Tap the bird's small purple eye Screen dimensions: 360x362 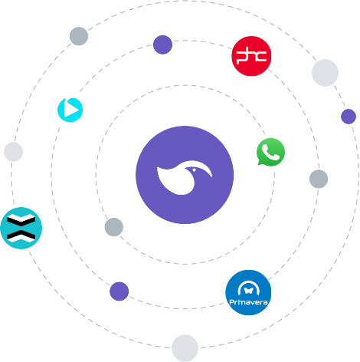click(194, 170)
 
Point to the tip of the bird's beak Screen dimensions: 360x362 click(212, 176)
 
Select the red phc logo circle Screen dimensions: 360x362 click(251, 56)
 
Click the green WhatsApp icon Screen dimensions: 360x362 click(270, 152)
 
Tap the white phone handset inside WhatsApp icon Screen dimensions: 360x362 click(270, 152)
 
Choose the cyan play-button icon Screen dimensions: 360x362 click(70, 110)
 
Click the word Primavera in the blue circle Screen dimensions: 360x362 click(248, 302)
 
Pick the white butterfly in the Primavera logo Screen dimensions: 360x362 click(248, 291)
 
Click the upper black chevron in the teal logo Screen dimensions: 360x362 click(21, 220)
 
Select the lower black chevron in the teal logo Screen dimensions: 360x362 click(21, 235)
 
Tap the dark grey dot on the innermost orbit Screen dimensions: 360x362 click(114, 227)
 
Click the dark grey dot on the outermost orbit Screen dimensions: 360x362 click(79, 36)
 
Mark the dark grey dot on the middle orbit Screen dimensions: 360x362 click(319, 179)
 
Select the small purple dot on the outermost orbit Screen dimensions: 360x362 click(349, 117)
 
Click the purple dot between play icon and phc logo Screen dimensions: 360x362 click(162, 44)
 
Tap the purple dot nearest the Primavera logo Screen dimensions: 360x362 click(119, 291)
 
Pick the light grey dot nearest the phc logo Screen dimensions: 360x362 click(325, 73)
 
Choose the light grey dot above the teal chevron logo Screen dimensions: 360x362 click(13, 152)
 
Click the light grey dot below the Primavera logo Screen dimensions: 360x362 click(185, 348)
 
